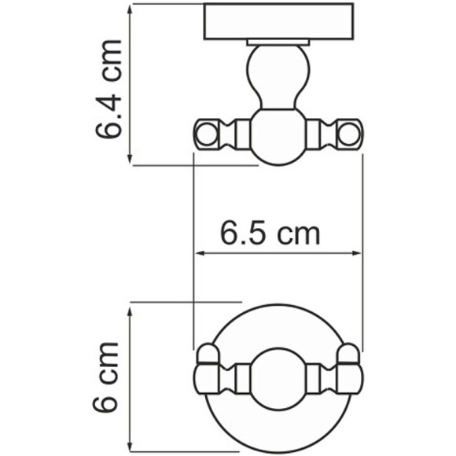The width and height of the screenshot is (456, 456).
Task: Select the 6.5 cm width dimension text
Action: coord(270,234)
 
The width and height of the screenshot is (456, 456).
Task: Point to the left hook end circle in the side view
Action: coord(204,134)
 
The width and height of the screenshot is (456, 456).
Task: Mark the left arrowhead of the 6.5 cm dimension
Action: coord(199,253)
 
